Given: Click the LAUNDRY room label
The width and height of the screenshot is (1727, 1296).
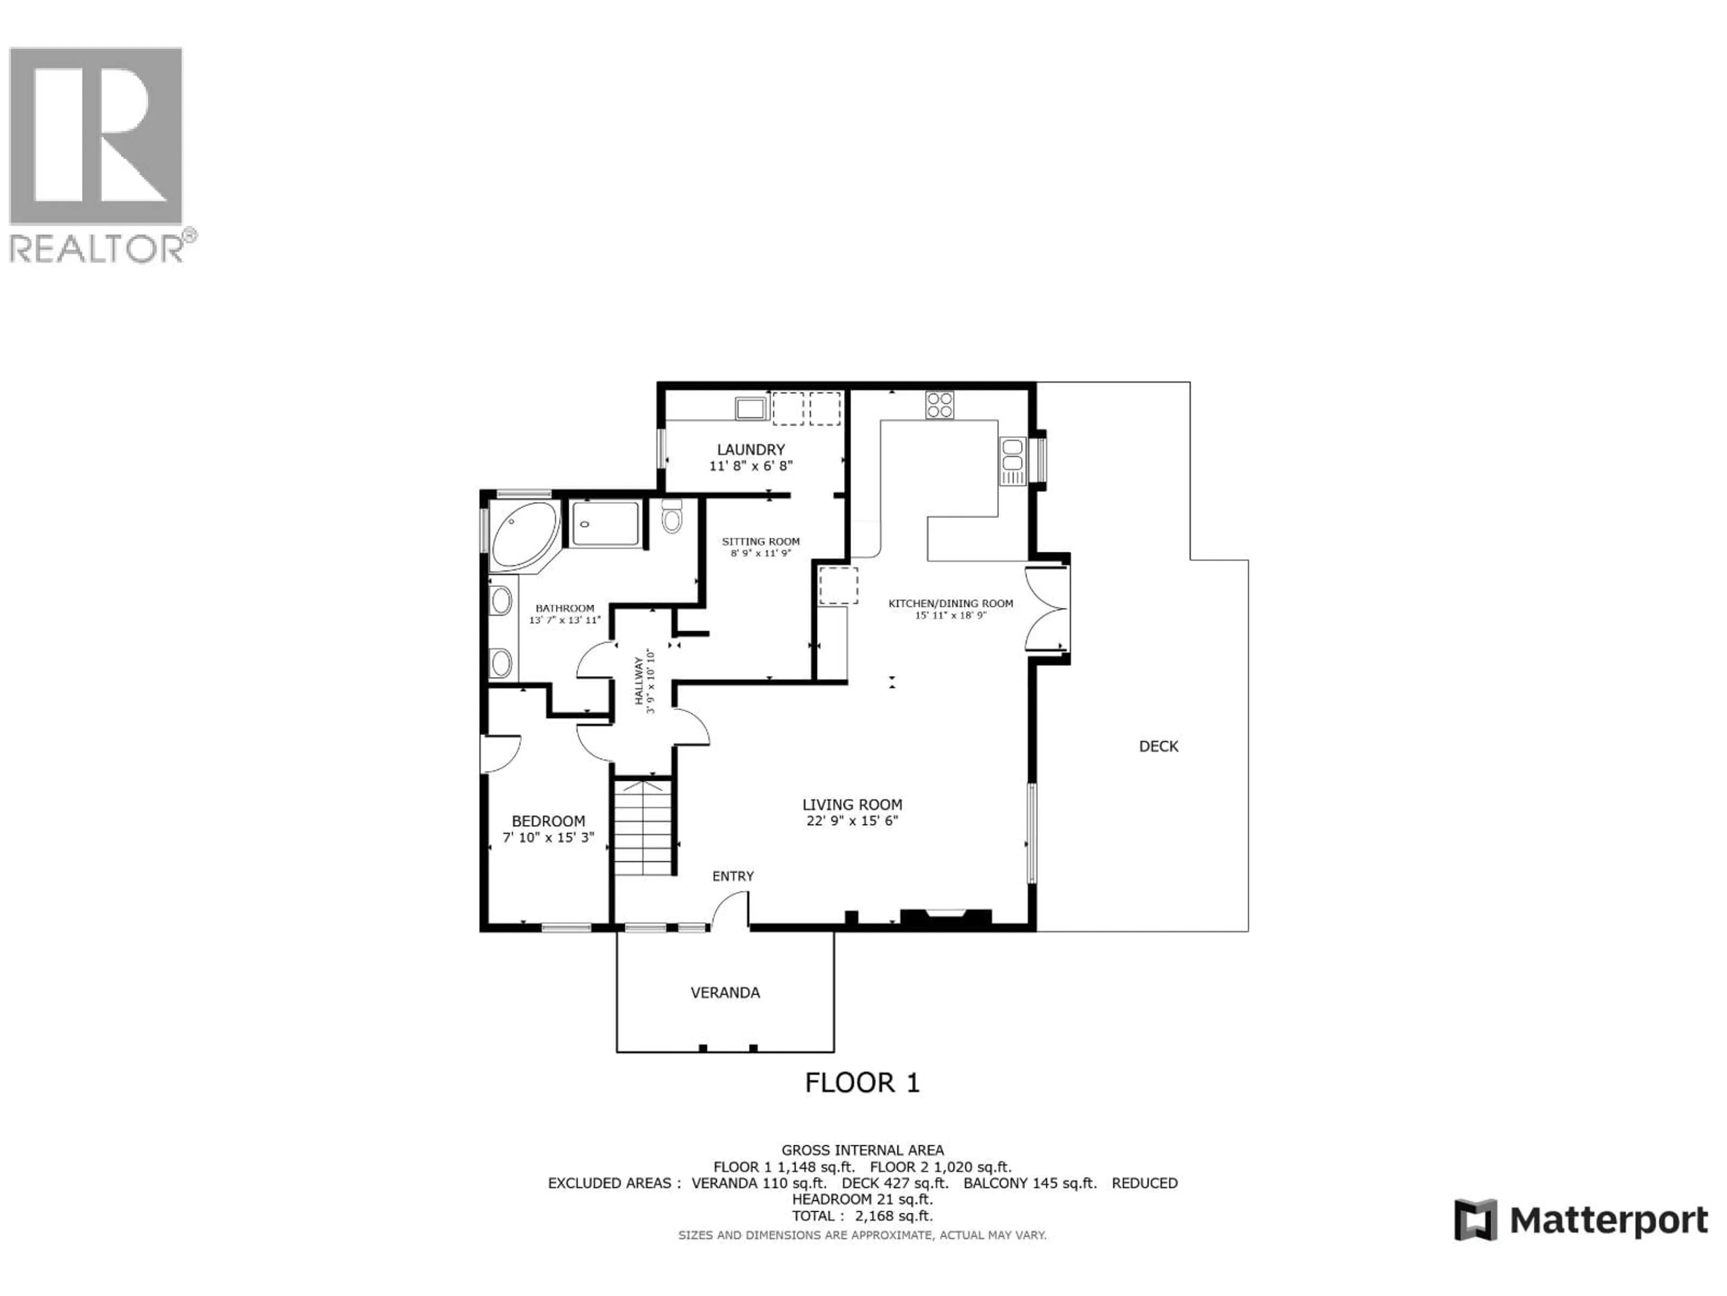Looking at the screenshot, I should [750, 450].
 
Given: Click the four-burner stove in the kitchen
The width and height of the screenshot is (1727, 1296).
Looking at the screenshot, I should [939, 405].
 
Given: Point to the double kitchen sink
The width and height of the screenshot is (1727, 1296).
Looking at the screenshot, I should [1012, 461].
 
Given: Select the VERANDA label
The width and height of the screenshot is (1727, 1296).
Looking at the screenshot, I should [725, 993].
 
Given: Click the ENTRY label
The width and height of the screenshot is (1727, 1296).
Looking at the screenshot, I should [732, 877].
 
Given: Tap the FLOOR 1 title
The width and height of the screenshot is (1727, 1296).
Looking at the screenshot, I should [862, 1083].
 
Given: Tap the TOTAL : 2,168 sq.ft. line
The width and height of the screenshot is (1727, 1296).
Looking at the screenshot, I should [862, 1215].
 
